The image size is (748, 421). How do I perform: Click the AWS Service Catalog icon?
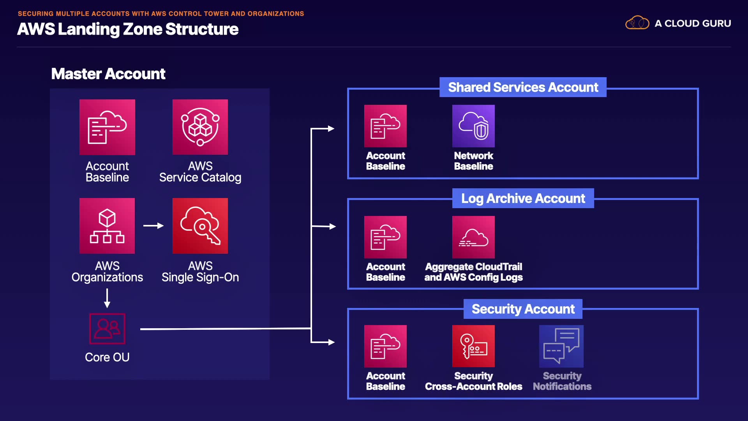[x=200, y=127]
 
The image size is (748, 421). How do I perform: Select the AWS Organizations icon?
[x=107, y=226]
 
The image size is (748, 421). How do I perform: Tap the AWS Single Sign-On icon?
[x=200, y=226]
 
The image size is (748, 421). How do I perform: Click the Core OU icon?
[x=107, y=329]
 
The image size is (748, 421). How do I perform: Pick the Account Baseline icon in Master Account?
[x=107, y=127]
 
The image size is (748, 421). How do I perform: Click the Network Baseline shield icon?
[x=473, y=126]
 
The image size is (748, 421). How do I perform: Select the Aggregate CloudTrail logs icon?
[x=473, y=237]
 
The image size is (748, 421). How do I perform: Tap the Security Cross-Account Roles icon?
[x=473, y=346]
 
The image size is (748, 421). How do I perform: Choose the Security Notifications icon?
[x=561, y=346]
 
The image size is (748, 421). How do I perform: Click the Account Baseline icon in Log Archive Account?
[x=385, y=237]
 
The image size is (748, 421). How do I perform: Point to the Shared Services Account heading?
[x=523, y=87]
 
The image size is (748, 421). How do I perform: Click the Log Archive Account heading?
[x=523, y=198]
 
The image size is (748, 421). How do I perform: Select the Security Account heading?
[x=523, y=309]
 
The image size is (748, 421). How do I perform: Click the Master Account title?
[x=108, y=74]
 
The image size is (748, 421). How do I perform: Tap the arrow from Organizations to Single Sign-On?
[x=153, y=226]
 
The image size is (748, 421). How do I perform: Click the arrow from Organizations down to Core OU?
[x=107, y=298]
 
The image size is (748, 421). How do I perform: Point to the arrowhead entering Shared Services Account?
[x=331, y=129]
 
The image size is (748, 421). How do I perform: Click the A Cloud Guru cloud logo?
[x=637, y=23]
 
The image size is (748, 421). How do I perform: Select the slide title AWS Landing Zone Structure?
[x=128, y=29]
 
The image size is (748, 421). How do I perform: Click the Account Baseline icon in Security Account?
[x=385, y=346]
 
